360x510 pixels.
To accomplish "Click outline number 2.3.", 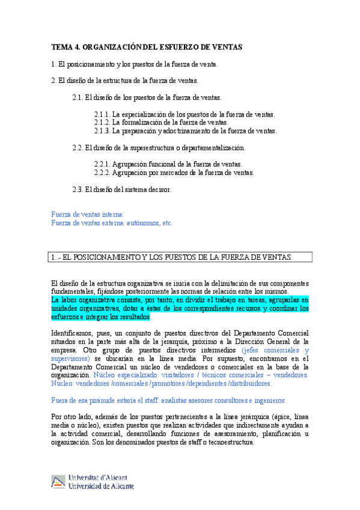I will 78,189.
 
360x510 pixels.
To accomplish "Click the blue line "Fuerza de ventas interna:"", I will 88,214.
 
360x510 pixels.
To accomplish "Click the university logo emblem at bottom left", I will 58,481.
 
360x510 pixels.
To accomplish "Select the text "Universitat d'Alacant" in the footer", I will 100,478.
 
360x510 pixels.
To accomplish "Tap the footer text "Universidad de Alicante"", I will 102,486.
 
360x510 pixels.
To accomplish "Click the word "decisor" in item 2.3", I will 160,189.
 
